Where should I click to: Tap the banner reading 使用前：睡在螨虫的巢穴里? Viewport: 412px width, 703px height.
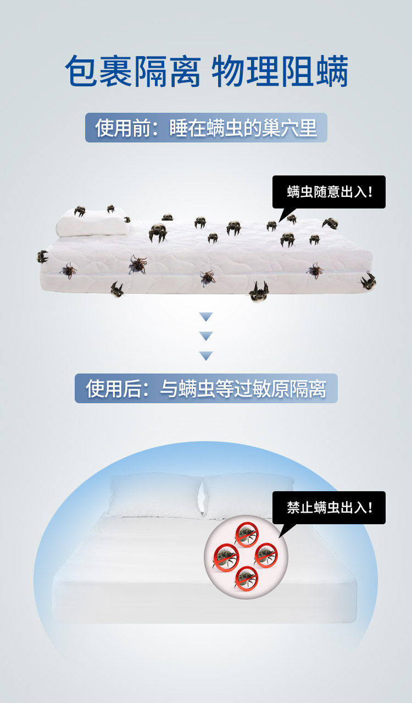(206, 128)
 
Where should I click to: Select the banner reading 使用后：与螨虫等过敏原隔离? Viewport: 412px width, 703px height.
(206, 388)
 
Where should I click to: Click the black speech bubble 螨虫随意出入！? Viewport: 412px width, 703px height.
(329, 191)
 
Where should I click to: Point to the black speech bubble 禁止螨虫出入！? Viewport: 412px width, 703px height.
(329, 507)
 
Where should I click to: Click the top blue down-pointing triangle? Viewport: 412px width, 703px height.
(206, 317)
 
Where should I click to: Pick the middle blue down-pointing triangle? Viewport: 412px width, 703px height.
(206, 336)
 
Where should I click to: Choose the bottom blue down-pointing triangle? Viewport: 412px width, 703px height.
(206, 356)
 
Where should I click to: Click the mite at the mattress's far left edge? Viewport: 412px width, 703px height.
(42, 256)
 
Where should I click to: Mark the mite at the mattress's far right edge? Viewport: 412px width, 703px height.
(368, 281)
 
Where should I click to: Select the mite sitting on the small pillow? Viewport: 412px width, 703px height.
(80, 211)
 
